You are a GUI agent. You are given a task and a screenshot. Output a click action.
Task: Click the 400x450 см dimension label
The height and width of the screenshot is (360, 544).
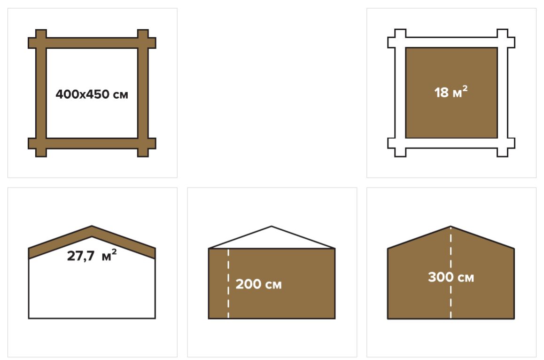(92, 94)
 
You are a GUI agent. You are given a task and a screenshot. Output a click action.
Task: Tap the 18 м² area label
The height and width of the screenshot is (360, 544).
(451, 92)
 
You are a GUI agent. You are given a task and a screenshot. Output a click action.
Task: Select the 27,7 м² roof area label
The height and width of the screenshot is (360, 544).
(92, 255)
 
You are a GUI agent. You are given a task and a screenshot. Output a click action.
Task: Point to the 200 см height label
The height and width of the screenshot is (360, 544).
(258, 284)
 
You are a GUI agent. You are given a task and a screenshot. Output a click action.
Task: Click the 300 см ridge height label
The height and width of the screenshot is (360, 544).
(451, 277)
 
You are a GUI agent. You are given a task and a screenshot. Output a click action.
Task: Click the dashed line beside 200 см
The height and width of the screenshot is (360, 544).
(228, 283)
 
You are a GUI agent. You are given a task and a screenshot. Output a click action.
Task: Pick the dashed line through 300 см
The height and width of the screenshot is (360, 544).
(451, 272)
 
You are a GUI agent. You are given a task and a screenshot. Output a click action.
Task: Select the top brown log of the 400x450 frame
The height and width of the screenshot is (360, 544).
(92, 43)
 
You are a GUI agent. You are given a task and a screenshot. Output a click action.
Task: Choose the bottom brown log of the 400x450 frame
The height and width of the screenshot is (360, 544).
(92, 143)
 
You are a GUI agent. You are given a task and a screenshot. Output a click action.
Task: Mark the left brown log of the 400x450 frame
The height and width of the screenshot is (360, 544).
(41, 93)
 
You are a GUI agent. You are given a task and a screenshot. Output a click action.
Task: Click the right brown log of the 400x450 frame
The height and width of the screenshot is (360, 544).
(143, 93)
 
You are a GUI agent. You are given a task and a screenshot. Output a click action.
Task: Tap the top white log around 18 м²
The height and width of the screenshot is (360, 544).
(451, 42)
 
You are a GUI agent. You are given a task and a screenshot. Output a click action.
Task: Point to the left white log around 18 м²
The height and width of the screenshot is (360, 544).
(400, 93)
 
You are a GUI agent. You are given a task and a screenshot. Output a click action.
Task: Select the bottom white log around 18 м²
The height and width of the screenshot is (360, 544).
(451, 143)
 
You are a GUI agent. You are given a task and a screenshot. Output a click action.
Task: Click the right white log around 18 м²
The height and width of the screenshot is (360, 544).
(502, 93)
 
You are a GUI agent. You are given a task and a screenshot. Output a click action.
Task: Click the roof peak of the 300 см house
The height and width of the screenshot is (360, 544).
(451, 227)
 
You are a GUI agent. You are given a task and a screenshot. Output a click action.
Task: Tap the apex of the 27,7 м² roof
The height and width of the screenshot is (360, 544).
(92, 226)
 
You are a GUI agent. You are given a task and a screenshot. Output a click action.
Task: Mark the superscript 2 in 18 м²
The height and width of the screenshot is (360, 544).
(465, 88)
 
